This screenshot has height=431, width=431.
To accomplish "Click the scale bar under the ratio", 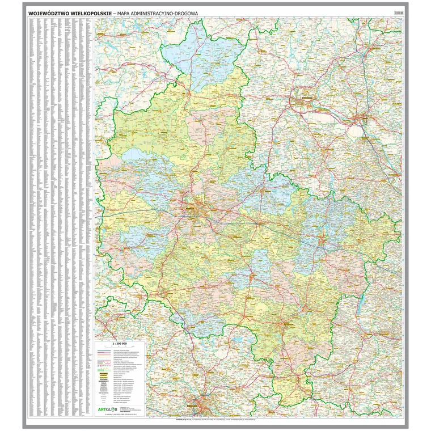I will tap(120, 348).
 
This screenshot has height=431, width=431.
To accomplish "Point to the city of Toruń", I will tap(360, 117).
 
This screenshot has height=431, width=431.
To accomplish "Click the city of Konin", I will tap(321, 240).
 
